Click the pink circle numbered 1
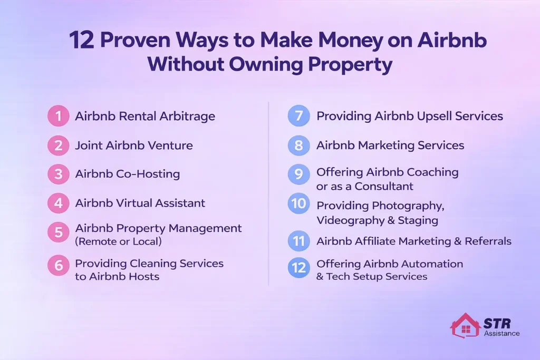pyautogui.click(x=58, y=116)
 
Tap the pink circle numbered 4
pyautogui.click(x=58, y=203)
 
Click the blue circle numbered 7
pyautogui.click(x=298, y=116)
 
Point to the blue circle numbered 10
pyautogui.click(x=298, y=204)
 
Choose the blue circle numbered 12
pyautogui.click(x=298, y=268)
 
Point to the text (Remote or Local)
pyautogui.click(x=119, y=242)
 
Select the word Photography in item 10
pyautogui.click(x=406, y=206)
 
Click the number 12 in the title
pyautogui.click(x=82, y=40)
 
